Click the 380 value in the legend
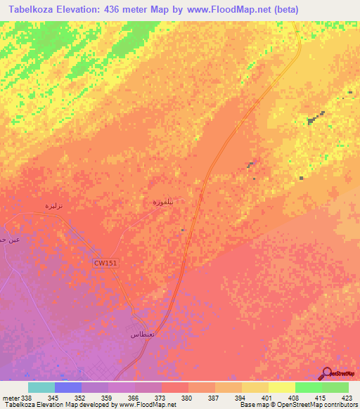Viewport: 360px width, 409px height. (x=187, y=398)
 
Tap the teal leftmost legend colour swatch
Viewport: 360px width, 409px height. (x=41, y=387)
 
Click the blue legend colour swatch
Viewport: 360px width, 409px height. (x=67, y=387)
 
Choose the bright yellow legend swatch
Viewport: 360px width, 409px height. (x=281, y=387)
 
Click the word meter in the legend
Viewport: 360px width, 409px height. (x=11, y=398)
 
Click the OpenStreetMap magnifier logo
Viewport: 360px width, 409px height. (x=326, y=373)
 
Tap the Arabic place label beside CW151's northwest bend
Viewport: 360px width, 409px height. (x=55, y=205)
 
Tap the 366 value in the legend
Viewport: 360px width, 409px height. (x=134, y=398)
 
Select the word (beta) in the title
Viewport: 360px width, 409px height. (x=284, y=9)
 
